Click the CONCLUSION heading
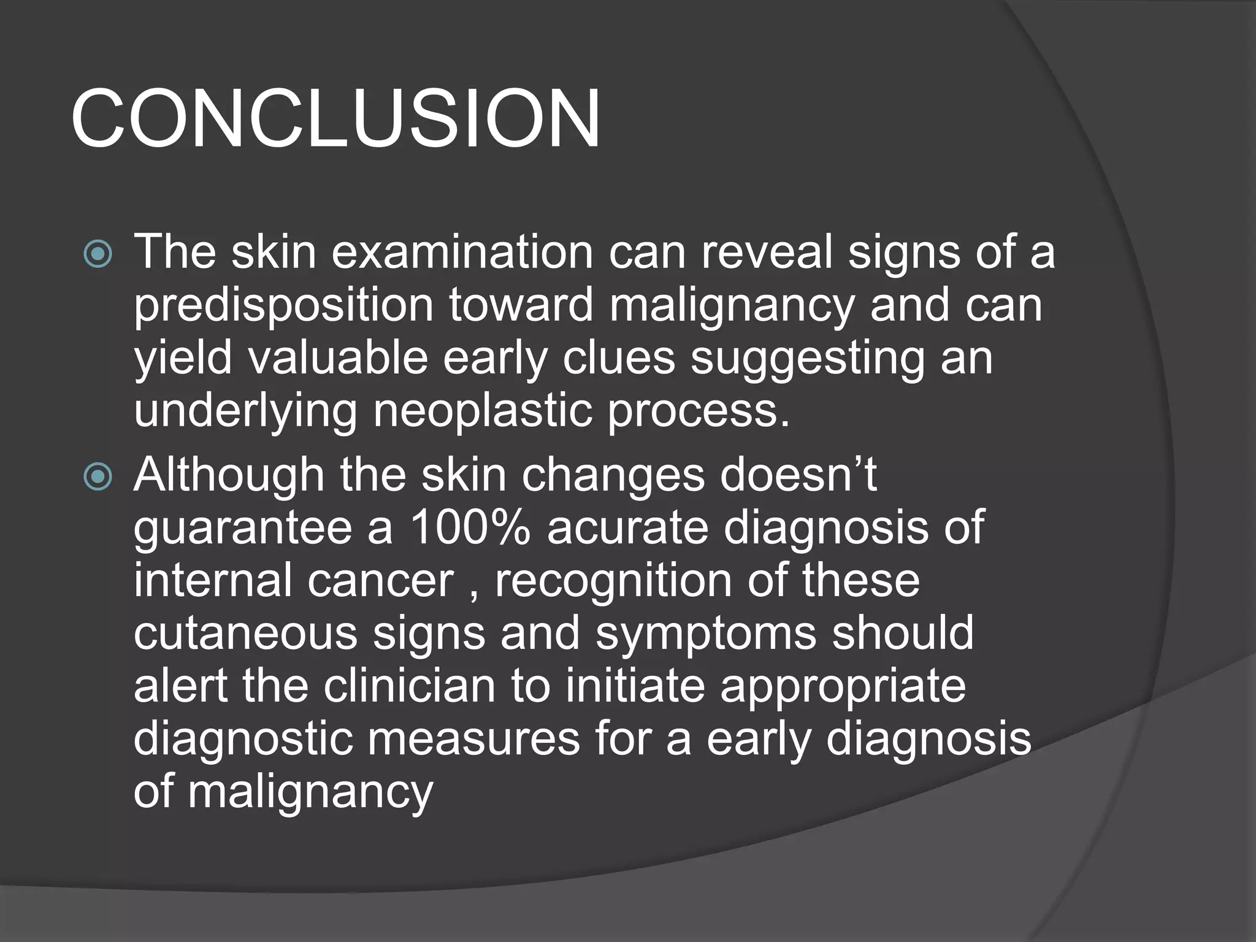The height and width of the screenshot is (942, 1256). coord(335,118)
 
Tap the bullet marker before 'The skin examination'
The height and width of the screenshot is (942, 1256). coord(98,253)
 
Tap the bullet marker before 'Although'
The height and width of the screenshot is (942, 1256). coord(98,477)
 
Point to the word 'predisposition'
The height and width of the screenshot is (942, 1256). coord(283,305)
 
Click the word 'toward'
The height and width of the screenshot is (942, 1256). coord(521,305)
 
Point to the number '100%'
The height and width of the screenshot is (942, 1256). coord(469,527)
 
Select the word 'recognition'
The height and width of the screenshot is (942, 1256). coord(613,580)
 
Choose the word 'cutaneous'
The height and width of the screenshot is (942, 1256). coord(245,634)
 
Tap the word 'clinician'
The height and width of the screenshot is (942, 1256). coord(409,686)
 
